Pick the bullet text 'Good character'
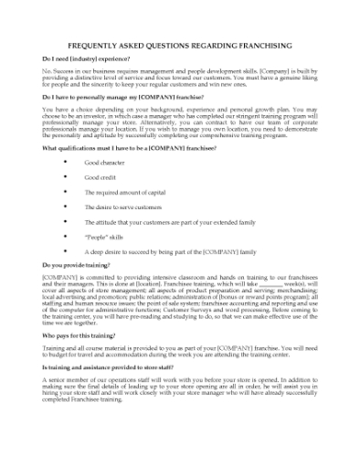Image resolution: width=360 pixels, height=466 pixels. [x=105, y=163]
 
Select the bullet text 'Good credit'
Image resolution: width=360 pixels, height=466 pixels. [x=101, y=177]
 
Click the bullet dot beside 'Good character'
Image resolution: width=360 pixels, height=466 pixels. [x=65, y=163]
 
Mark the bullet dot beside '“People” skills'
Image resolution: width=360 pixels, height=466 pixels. [x=65, y=236]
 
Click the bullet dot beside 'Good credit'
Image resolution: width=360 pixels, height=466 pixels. [x=65, y=177]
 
